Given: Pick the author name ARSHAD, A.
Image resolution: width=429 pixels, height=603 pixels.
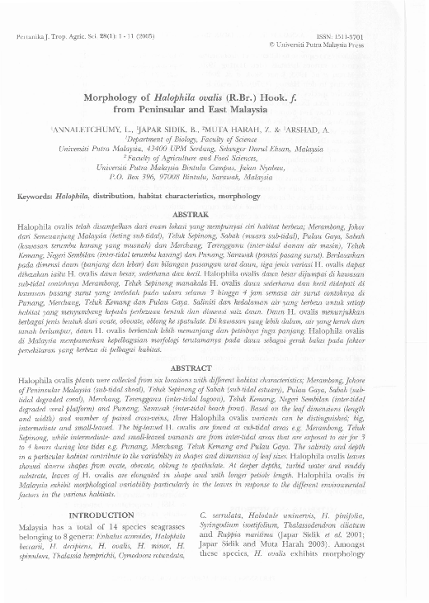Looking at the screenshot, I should pos(319,131).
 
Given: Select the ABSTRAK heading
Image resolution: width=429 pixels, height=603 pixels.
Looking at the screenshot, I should pos(214,214).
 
